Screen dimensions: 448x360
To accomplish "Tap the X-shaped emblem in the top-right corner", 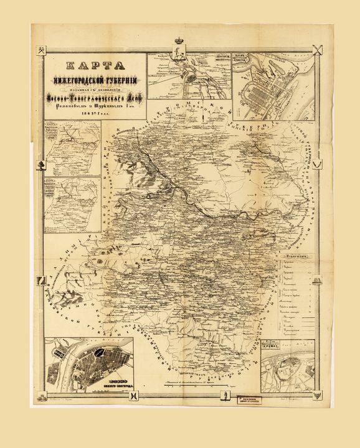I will tap(319, 50).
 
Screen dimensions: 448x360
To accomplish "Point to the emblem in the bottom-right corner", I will tap(319, 394).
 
